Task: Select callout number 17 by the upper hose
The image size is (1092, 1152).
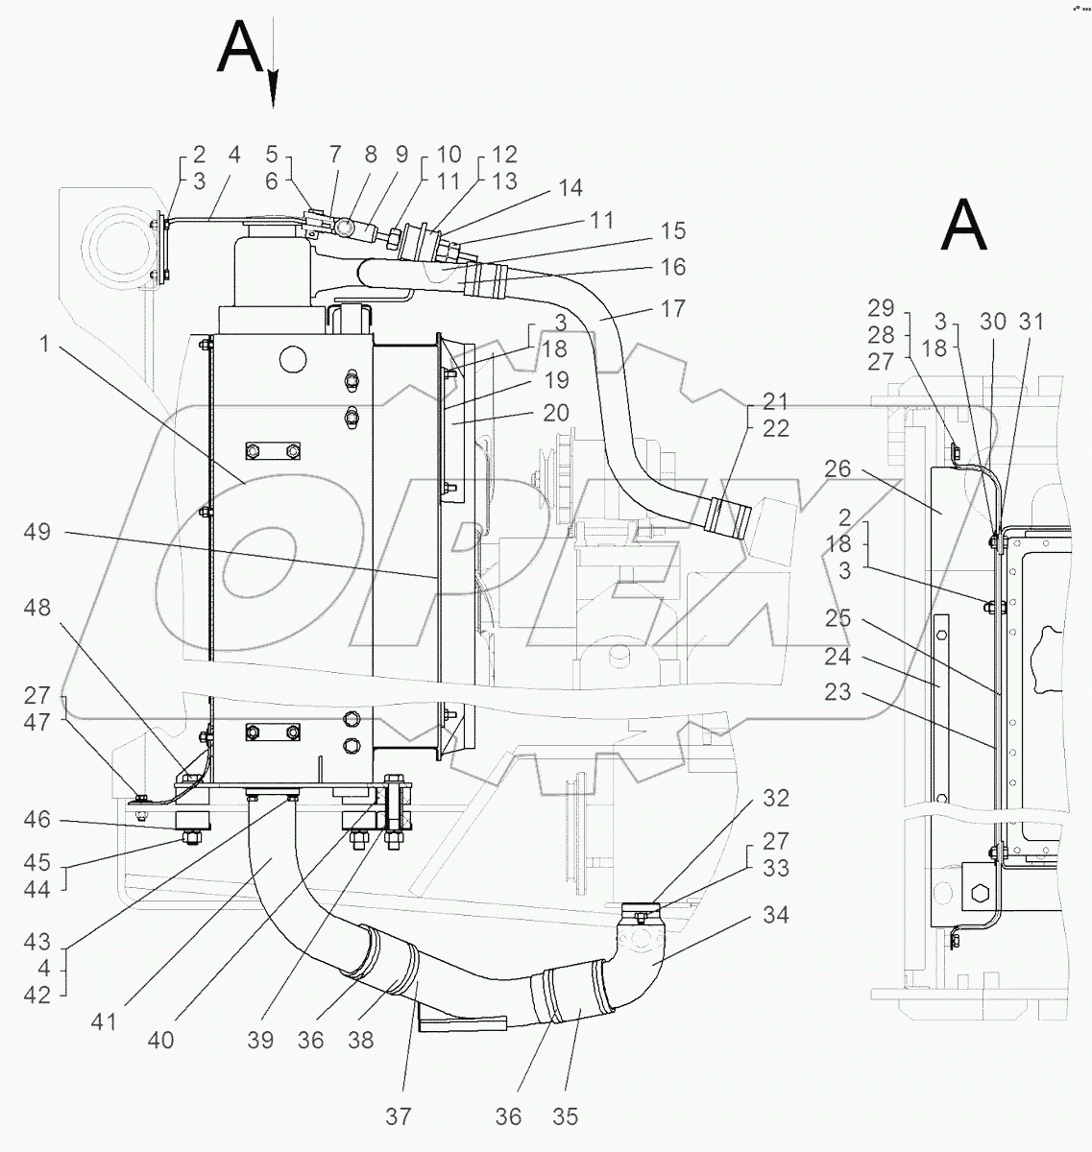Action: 672,309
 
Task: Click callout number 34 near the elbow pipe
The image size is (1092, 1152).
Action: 774,916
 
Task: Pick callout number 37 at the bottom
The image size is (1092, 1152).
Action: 399,1116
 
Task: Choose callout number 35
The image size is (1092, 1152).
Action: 565,1116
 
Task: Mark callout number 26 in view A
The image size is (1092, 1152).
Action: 837,468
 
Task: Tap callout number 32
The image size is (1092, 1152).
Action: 776,798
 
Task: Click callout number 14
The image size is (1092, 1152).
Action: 570,188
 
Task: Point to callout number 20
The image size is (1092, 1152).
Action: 556,414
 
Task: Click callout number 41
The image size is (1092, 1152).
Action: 104,1022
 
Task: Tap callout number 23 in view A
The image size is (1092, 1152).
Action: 837,690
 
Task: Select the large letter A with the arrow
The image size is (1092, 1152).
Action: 240,48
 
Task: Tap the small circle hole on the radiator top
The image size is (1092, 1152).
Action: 289,360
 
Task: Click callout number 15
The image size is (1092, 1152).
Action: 673,231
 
